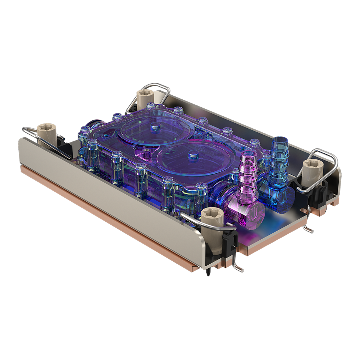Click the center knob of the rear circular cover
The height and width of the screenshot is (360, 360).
154,126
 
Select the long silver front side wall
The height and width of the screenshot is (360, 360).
112,195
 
